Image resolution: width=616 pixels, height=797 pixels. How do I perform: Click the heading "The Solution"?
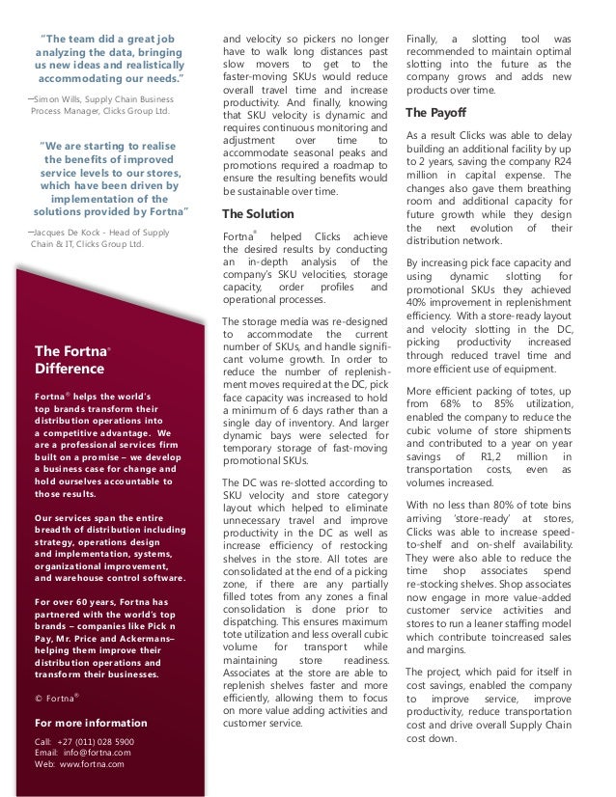point(260,213)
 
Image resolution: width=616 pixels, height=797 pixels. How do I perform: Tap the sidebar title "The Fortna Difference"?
point(70,359)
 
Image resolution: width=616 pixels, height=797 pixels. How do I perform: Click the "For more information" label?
point(92,722)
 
